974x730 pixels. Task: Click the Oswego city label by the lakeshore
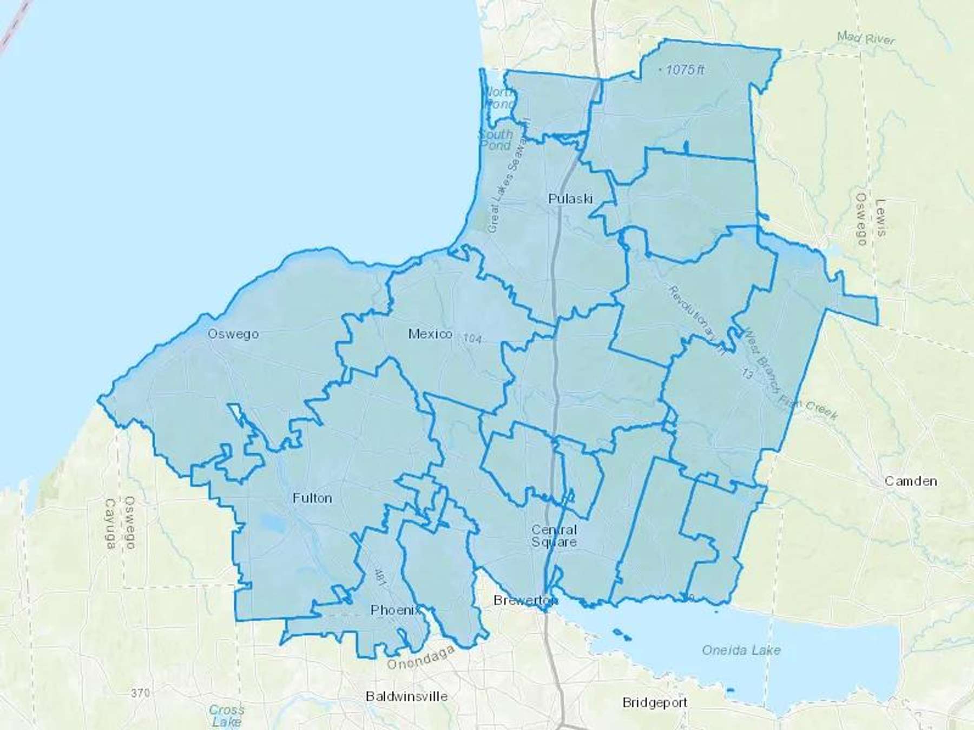coord(233,334)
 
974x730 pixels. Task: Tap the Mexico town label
coord(430,334)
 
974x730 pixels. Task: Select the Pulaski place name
coord(570,198)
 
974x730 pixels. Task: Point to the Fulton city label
coord(312,497)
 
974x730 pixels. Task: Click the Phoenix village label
coord(395,610)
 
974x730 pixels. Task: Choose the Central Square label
coord(554,535)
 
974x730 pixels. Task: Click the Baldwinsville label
coord(406,696)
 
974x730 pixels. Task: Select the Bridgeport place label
coord(654,702)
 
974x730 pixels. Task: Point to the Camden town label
coord(911,481)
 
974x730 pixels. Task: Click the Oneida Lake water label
coord(741,650)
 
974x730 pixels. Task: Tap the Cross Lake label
coord(227,715)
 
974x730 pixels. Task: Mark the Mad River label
coord(866,38)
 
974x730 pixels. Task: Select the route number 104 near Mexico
coord(472,338)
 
